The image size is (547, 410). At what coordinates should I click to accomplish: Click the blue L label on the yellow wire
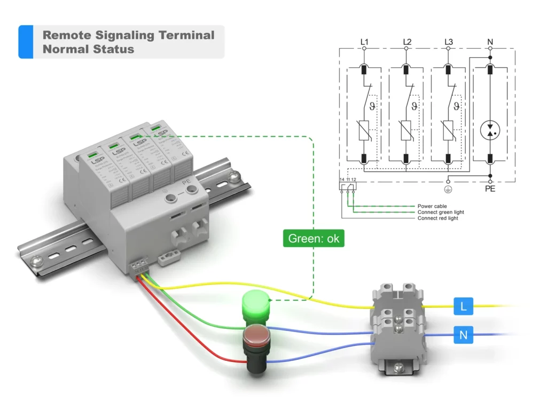(x=463, y=306)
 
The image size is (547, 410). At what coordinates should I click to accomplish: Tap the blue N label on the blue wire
(x=463, y=335)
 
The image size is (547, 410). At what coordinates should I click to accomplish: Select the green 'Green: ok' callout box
(x=313, y=239)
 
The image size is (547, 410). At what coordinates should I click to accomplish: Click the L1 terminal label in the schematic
(x=364, y=42)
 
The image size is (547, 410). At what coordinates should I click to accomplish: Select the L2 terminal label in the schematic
(x=407, y=42)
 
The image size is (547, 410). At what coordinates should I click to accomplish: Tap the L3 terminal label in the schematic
(x=449, y=42)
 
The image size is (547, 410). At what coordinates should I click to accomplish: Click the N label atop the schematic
(x=490, y=42)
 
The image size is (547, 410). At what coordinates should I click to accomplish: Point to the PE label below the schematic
(x=490, y=189)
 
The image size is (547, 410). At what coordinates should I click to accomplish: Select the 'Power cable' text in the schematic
(x=432, y=206)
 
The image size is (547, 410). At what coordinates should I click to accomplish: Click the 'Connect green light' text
(x=441, y=212)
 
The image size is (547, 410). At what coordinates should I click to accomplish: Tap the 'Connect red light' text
(x=437, y=218)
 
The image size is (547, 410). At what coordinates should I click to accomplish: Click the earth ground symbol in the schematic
(x=449, y=188)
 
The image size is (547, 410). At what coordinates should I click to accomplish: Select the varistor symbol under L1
(x=364, y=130)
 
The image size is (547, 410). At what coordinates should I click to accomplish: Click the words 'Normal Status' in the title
(x=88, y=49)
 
